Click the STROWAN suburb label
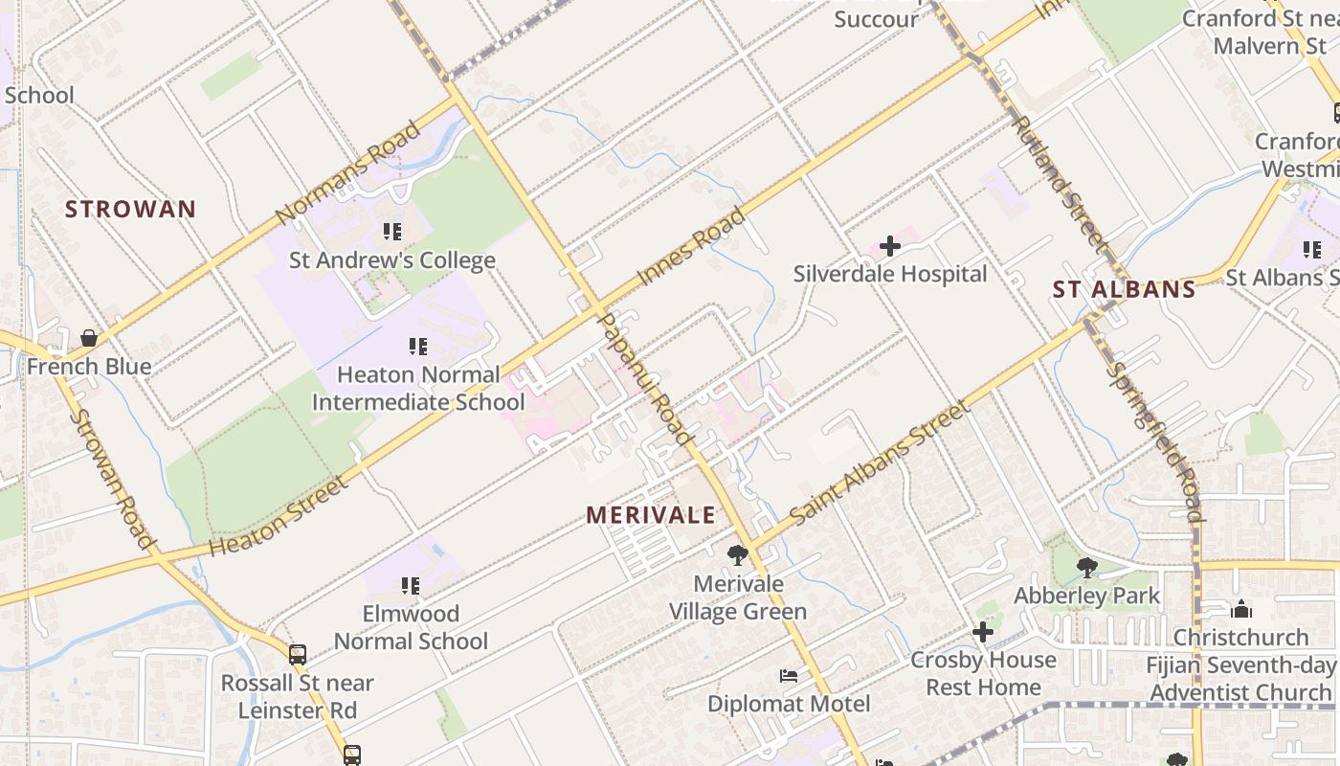click(130, 209)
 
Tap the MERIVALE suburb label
click(651, 515)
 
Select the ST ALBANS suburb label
click(1124, 289)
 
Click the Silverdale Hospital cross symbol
click(890, 247)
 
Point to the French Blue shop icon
click(89, 339)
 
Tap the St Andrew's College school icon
click(391, 232)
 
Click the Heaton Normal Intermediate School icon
click(417, 347)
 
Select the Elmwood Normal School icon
click(411, 585)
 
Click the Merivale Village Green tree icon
click(737, 555)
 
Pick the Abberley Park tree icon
click(1086, 568)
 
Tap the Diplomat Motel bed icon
click(788, 677)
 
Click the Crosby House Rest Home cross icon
click(982, 632)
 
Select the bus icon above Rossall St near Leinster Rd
click(298, 655)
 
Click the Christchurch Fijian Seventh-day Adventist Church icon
click(1240, 609)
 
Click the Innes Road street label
click(691, 247)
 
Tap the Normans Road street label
click(347, 171)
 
